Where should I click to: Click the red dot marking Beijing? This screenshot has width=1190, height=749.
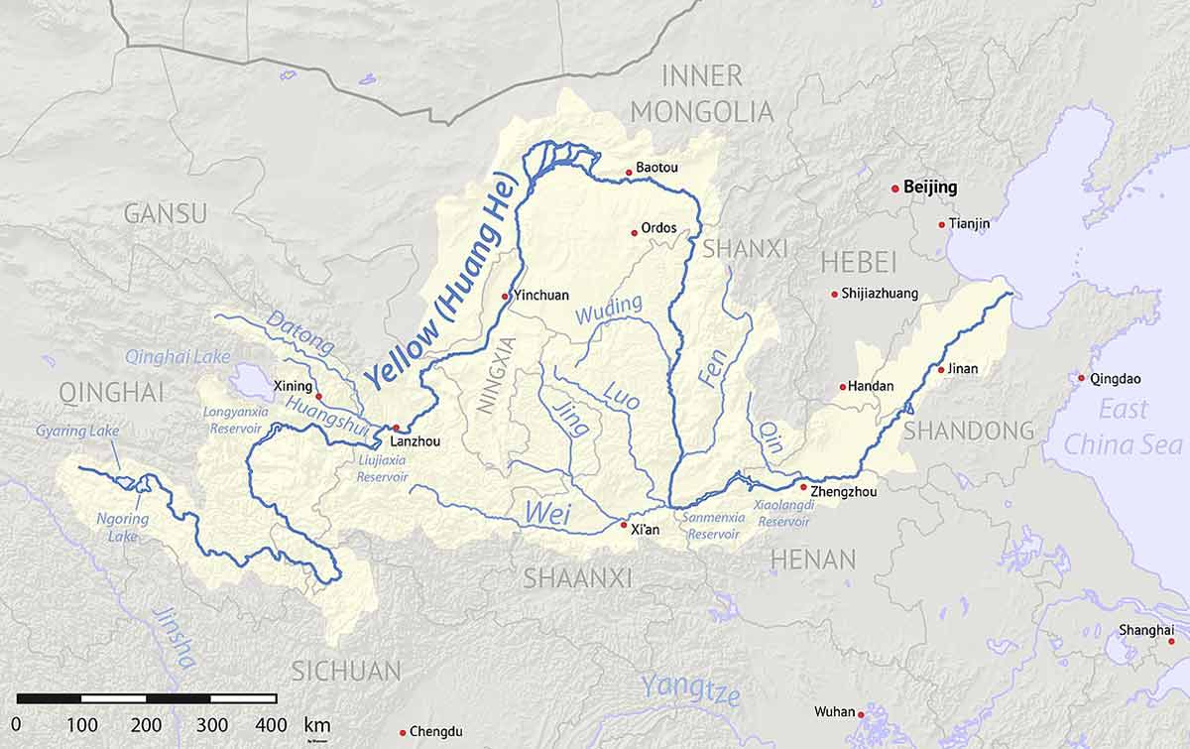[895, 187]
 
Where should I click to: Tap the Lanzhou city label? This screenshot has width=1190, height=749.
[415, 441]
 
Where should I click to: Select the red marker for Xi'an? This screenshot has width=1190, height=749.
[623, 524]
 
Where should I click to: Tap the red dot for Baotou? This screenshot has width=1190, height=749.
[628, 173]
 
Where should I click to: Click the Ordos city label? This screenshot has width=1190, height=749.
[658, 228]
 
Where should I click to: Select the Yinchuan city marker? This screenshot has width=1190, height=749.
[505, 296]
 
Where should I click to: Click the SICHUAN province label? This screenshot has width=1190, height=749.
[346, 671]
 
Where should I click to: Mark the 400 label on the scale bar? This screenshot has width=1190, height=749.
[268, 725]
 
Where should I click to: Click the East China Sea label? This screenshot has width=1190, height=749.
[1124, 427]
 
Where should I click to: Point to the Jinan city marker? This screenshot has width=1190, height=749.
[940, 370]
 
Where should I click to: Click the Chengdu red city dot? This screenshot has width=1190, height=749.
[403, 732]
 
